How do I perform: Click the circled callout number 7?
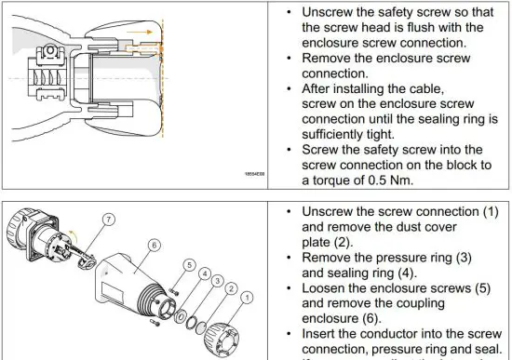(x=108, y=220)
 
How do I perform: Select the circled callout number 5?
(x=190, y=265)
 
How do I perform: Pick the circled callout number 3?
(x=218, y=281)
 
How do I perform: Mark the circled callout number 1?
(x=246, y=300)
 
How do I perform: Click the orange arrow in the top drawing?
(x=140, y=32)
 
